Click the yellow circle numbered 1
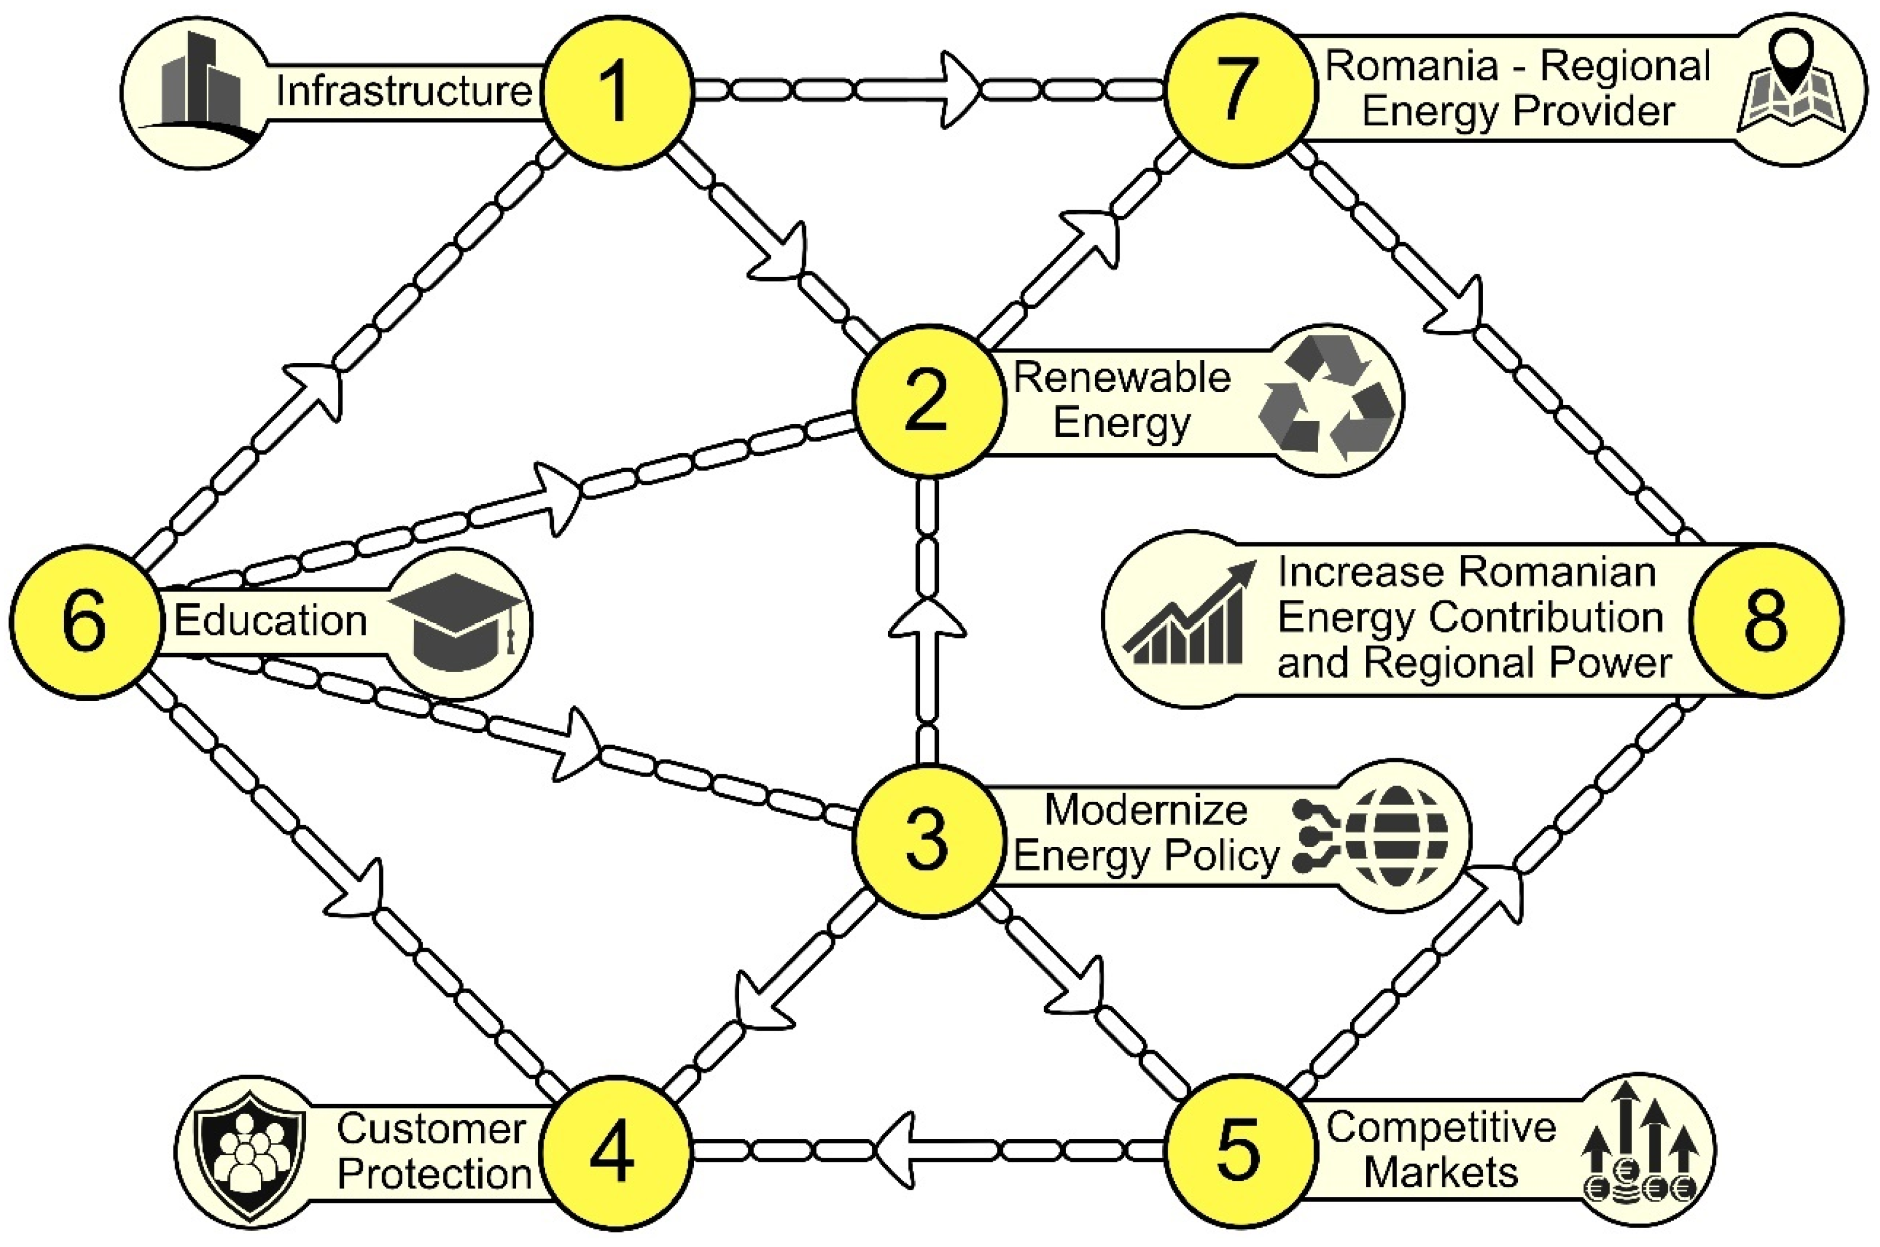coord(618,92)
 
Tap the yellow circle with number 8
coord(1766,620)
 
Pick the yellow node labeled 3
coord(927,841)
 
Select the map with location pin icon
coord(1791,89)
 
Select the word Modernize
coord(1145,810)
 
